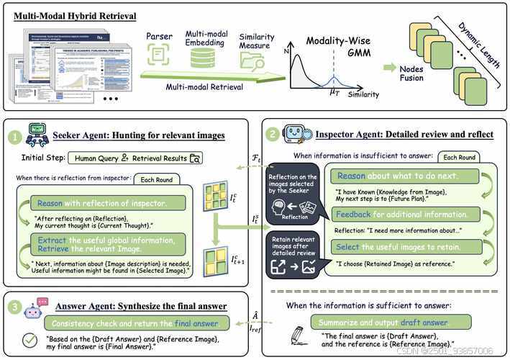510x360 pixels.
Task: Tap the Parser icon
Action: pyautogui.click(x=160, y=54)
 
